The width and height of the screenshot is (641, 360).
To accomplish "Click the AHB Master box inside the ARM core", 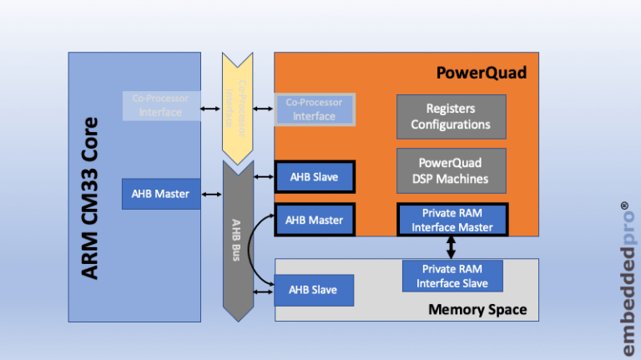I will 161,194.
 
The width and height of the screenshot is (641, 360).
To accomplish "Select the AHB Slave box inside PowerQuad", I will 315,177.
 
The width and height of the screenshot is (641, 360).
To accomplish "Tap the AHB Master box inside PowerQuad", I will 315,220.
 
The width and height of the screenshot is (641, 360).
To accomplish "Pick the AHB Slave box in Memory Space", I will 315,290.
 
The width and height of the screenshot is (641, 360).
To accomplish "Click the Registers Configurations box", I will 451,117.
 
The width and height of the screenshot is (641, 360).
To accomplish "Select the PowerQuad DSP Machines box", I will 451,170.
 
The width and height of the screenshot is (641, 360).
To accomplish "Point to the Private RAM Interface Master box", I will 451,220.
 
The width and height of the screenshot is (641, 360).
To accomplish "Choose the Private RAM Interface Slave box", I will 451,276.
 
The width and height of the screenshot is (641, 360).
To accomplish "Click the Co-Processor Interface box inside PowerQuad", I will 315,109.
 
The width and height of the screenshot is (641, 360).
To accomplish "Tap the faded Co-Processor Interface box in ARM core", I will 161,105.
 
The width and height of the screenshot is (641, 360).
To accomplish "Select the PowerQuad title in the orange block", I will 482,73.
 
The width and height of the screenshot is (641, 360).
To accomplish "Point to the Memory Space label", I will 477,310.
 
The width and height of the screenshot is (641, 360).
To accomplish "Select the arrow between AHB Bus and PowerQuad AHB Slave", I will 263,177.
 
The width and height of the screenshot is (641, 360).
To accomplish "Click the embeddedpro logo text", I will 624,284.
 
